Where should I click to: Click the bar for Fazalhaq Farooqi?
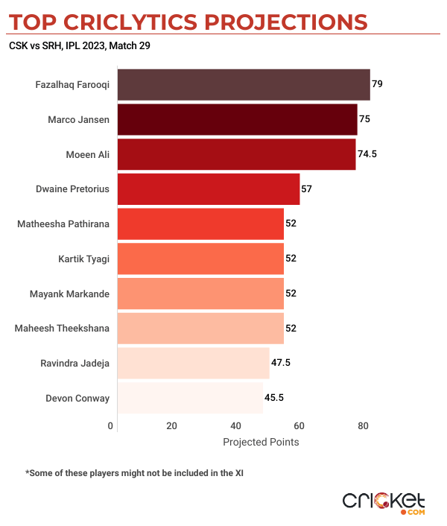click(x=244, y=84)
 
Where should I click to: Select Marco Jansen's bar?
click(x=238, y=119)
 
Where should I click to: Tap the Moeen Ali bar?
click(x=237, y=154)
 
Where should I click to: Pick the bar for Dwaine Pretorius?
click(x=209, y=188)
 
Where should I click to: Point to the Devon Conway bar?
click(x=191, y=398)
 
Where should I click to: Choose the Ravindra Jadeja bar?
click(x=194, y=363)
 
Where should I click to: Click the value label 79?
click(x=377, y=84)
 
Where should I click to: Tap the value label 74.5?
click(x=368, y=154)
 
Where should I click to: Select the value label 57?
click(x=306, y=189)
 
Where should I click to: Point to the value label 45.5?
click(x=274, y=398)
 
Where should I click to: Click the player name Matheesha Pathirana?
click(x=63, y=224)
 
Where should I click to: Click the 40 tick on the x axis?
click(x=235, y=426)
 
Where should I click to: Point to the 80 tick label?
click(x=363, y=426)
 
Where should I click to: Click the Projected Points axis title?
click(x=261, y=442)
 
